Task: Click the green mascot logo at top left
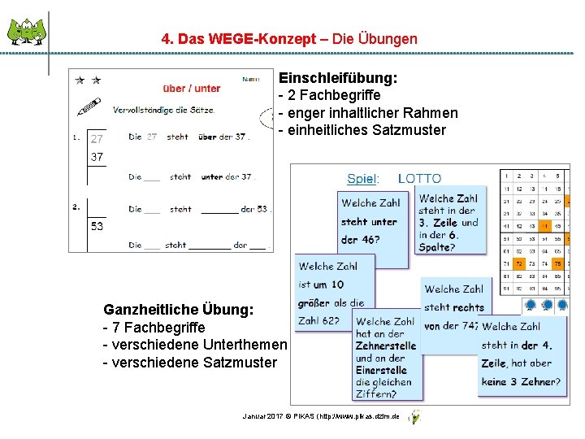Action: click(x=27, y=33)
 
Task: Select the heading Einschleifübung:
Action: click(x=338, y=79)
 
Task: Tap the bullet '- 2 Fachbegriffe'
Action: click(x=329, y=96)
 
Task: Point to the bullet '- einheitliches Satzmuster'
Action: click(x=362, y=130)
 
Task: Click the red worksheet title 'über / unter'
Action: click(x=192, y=88)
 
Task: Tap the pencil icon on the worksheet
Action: click(x=90, y=107)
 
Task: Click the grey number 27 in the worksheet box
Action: click(x=97, y=138)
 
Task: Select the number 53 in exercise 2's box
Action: click(x=97, y=226)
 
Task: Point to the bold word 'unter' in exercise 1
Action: click(x=212, y=176)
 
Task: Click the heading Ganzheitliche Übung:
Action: click(x=178, y=310)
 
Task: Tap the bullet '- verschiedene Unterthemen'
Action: click(x=194, y=345)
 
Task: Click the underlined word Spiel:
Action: click(x=361, y=179)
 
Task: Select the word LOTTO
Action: click(x=419, y=179)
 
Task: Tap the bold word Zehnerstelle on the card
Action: click(x=385, y=346)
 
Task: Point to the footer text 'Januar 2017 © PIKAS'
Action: click(x=281, y=416)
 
